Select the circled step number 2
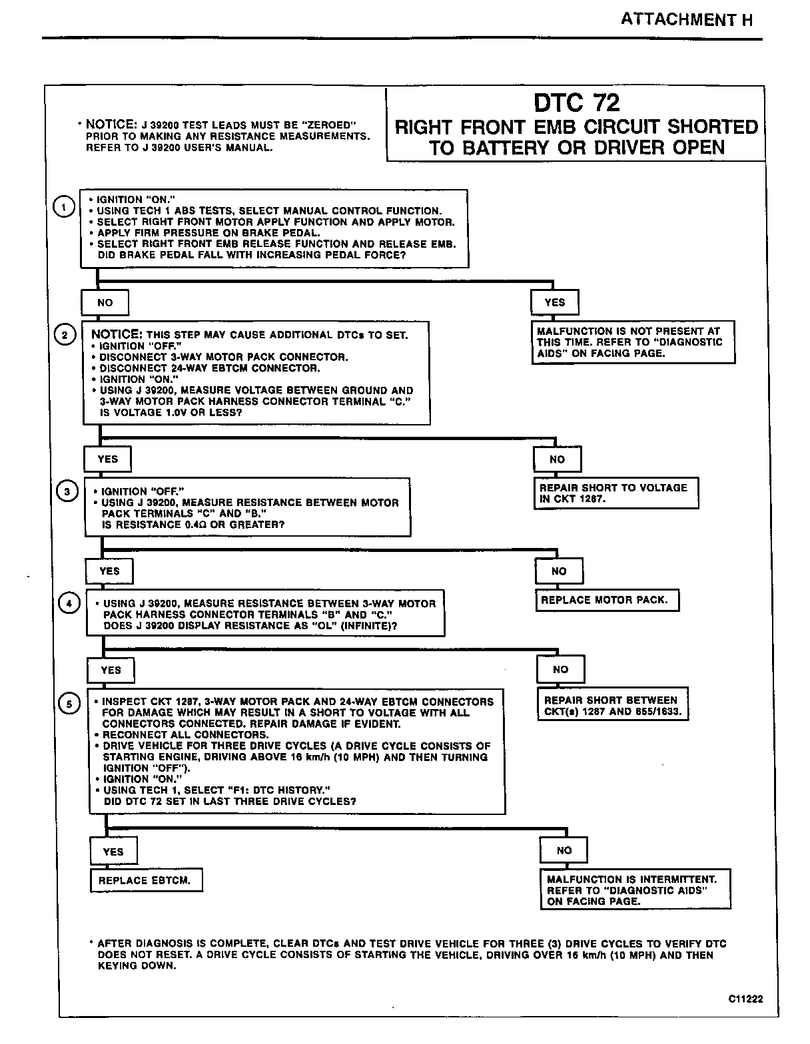coord(64,335)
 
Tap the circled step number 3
coord(67,493)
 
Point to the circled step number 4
coord(69,603)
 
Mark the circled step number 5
coord(70,704)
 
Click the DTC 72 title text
coord(576,103)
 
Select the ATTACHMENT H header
coord(686,19)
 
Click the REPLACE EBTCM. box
coord(145,880)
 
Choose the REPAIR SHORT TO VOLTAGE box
coord(615,493)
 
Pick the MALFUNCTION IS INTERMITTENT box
coord(635,890)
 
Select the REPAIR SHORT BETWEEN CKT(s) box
coord(612,706)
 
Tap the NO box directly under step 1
coord(105,302)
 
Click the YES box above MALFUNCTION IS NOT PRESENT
coord(554,302)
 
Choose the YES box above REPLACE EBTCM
coord(113,852)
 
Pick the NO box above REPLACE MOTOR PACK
coord(559,571)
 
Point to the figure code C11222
coord(745,999)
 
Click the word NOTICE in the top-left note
coord(110,125)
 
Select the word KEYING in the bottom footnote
coord(118,965)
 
